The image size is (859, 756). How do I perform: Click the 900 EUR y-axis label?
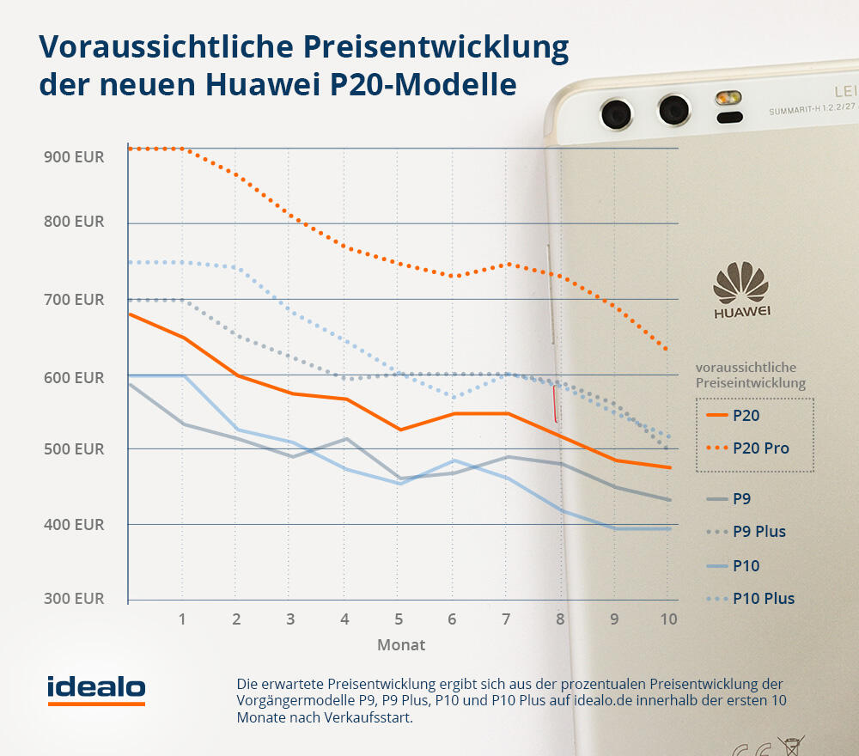point(73,157)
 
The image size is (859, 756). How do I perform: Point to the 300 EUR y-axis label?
point(73,598)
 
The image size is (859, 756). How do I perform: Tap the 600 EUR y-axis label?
point(73,378)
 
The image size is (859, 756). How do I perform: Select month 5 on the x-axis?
point(399,619)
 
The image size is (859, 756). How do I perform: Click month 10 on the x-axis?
point(668,619)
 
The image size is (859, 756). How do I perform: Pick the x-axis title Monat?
point(401,644)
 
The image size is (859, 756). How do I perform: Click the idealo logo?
point(96,688)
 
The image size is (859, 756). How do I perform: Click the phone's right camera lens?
point(673,110)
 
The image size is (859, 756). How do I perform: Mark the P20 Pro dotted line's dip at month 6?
point(454,276)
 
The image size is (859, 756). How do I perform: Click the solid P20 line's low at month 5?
point(399,430)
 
